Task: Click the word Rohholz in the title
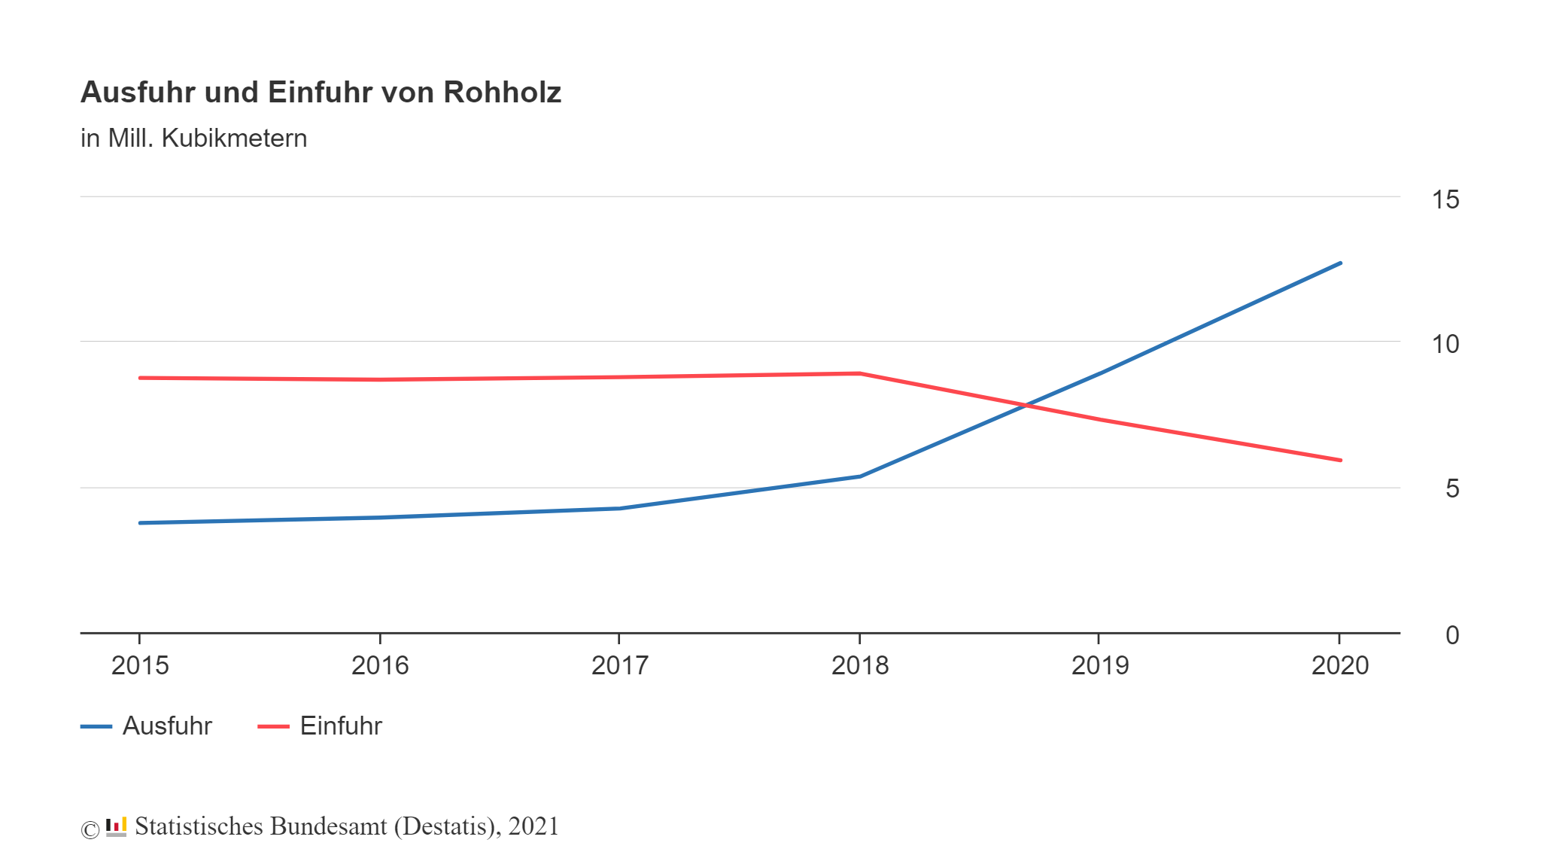(x=502, y=93)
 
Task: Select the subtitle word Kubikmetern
(x=234, y=138)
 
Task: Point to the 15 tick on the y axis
(x=1445, y=199)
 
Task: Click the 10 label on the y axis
(x=1445, y=344)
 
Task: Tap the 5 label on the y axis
(x=1451, y=489)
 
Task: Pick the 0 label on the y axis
(x=1451, y=635)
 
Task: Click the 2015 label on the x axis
(x=140, y=665)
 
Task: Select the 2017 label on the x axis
(x=619, y=665)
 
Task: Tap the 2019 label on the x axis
(x=1099, y=665)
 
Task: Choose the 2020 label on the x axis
(x=1339, y=665)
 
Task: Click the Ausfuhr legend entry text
(x=167, y=726)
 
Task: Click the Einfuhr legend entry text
(x=341, y=726)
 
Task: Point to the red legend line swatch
(x=273, y=726)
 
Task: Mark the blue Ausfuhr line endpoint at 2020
(x=1340, y=263)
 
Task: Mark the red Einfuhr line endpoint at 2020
(x=1340, y=460)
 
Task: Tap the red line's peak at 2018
(x=859, y=373)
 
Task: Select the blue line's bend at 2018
(x=859, y=476)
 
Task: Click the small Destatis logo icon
(x=116, y=827)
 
